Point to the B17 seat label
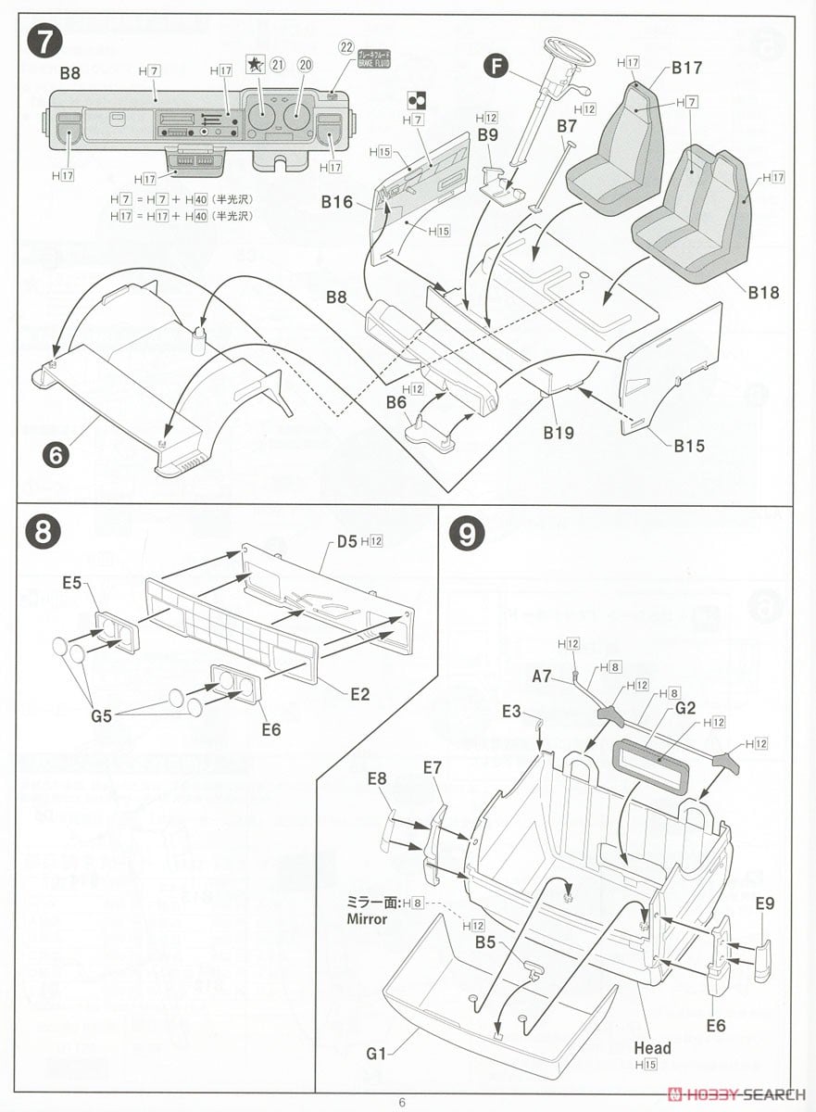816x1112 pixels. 686,67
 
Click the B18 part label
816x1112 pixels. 763,293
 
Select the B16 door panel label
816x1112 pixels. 338,201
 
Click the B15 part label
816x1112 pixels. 688,445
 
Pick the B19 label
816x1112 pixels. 558,432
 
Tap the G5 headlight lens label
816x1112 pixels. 102,715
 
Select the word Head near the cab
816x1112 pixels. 652,1048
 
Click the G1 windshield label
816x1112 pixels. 377,1054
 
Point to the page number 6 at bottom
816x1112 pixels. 401,1102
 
